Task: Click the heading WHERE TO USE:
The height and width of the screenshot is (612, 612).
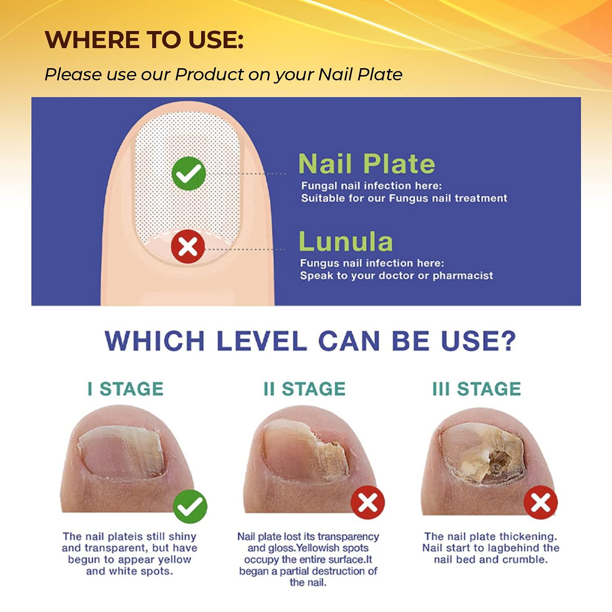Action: point(144,40)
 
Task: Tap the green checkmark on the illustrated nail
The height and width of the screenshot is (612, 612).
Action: point(188,173)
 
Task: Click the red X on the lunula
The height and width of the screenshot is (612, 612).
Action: point(188,246)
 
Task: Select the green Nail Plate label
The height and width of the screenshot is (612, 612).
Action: point(366,164)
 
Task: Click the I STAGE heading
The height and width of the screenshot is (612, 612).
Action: point(126,388)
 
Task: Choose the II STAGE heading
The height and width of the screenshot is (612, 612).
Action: point(304,388)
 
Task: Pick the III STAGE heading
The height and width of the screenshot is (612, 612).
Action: point(477,388)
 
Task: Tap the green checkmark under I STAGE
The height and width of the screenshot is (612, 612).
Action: point(190,506)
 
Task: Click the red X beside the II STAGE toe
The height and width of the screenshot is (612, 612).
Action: point(368,502)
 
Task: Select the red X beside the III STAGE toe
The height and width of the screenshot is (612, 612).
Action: point(541,502)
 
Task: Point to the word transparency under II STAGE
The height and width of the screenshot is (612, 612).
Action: point(350,536)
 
